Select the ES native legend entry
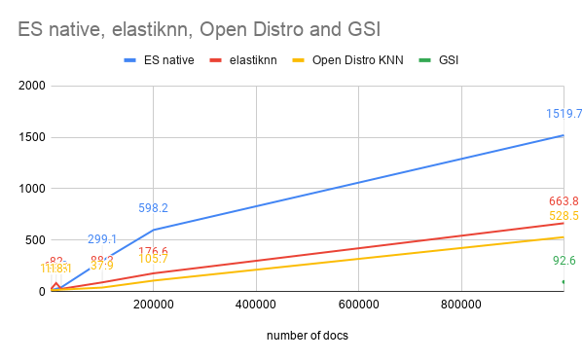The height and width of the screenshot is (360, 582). click(166, 60)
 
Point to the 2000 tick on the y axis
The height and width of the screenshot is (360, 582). click(33, 86)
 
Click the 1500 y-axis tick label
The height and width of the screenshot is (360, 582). click(33, 137)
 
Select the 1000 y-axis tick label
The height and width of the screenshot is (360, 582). click(33, 189)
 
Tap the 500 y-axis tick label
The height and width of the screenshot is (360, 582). click(36, 240)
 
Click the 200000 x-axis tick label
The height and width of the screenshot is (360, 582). click(153, 304)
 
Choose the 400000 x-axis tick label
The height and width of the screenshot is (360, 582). click(255, 304)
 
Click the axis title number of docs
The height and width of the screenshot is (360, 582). click(307, 336)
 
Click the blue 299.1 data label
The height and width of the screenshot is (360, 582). click(102, 239)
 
